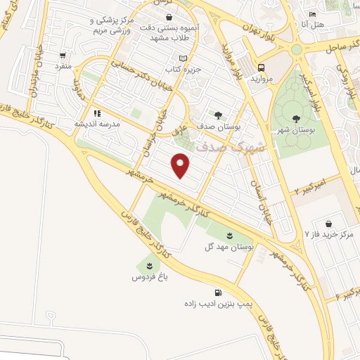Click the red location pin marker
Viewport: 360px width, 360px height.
[x=181, y=165]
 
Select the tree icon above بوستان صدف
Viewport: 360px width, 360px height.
[x=218, y=115]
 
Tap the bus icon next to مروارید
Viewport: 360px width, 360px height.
[x=261, y=68]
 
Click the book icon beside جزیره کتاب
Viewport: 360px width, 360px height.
[x=184, y=58]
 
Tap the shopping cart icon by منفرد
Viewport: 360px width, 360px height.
[x=63, y=56]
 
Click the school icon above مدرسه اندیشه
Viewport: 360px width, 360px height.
[x=97, y=112]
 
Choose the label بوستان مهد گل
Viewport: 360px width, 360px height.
[x=229, y=247]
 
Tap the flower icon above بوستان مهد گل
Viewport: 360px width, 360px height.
[x=229, y=234]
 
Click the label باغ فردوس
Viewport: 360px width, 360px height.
[x=148, y=278]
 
